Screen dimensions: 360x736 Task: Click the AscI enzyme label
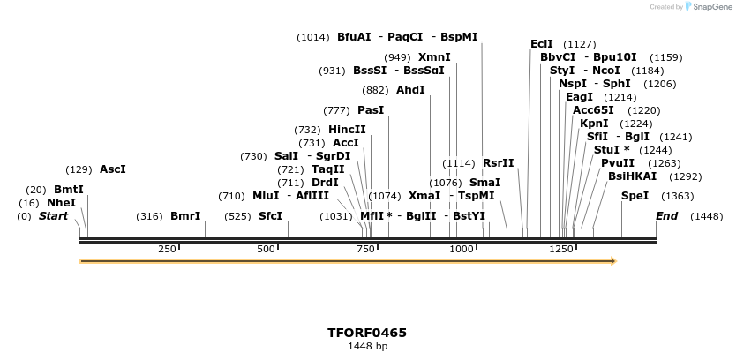coord(113,169)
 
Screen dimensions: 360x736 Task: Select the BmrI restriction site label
coord(185,216)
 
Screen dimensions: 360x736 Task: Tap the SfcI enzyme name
coord(270,216)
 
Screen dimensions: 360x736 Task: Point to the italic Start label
coord(53,216)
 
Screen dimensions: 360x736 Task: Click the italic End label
coord(668,216)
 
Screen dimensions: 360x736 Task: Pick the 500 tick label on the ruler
coord(267,250)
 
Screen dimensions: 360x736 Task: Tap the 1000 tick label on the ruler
coord(462,250)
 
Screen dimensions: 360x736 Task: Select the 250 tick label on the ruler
coord(167,250)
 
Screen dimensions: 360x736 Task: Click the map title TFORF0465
coord(367,333)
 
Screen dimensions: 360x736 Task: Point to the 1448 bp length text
coord(367,347)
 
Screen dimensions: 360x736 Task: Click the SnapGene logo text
coord(713,7)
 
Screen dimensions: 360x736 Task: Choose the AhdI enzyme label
coord(410,90)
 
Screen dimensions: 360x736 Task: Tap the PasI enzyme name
coord(371,110)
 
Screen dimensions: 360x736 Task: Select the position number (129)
coord(79,169)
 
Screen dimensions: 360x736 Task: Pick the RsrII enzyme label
coord(498,163)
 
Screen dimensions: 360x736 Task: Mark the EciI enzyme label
coord(542,43)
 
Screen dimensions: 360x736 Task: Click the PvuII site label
coord(618,163)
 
